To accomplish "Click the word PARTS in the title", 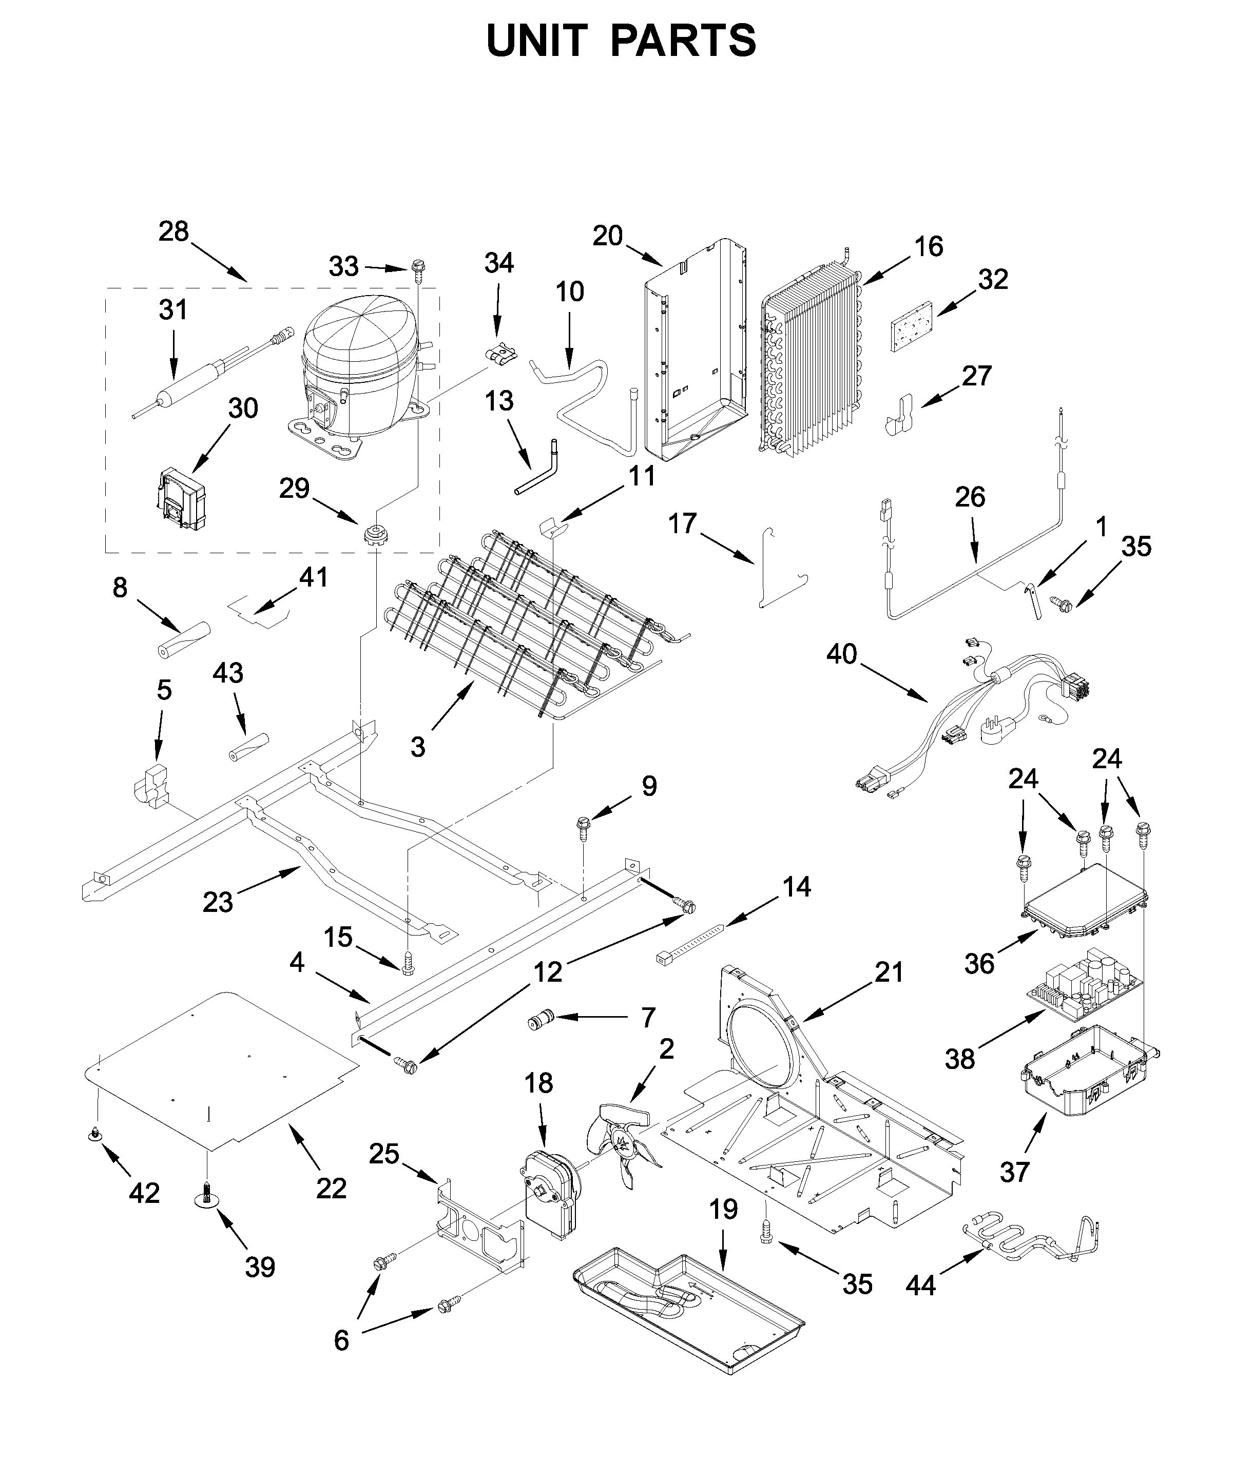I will coord(683,41).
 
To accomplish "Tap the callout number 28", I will coord(173,232).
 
